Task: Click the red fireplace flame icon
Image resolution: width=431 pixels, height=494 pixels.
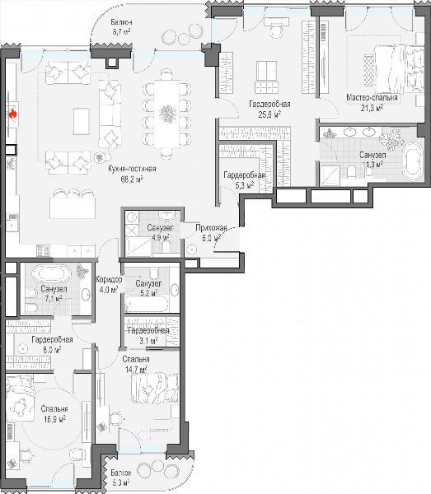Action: [12, 114]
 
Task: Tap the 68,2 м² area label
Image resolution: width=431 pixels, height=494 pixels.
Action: [132, 179]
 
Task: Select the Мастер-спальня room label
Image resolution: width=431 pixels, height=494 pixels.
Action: [372, 97]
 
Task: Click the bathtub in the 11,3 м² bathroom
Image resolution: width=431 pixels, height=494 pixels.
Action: [413, 161]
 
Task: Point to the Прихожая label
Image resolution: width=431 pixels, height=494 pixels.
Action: [211, 227]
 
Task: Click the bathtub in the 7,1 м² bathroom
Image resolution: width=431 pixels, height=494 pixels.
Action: [51, 273]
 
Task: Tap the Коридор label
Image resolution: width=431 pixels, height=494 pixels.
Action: [109, 279]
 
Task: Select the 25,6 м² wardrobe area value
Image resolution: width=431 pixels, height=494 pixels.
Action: [269, 114]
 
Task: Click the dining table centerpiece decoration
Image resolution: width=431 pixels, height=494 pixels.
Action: [167, 114]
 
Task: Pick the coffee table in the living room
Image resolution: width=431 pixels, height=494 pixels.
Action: [81, 121]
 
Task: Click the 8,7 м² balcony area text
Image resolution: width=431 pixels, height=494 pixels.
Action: [121, 32]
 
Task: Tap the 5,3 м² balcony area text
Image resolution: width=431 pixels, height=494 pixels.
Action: [121, 482]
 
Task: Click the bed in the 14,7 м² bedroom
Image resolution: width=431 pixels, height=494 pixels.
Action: [155, 388]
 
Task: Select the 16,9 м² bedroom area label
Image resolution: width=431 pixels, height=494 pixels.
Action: [55, 419]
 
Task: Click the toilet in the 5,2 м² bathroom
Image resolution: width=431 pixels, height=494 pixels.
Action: [153, 273]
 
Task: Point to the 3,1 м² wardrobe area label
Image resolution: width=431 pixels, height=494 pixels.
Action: [148, 341]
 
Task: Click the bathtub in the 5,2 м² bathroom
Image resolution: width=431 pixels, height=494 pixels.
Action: [147, 304]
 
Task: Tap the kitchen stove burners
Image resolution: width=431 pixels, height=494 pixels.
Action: [44, 251]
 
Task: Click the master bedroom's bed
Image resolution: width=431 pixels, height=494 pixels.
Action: [399, 68]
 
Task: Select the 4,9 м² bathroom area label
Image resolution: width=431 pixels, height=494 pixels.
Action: [161, 237]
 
